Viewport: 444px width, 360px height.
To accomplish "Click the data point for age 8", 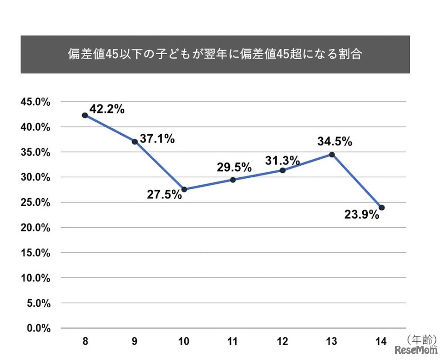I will [x=85, y=116].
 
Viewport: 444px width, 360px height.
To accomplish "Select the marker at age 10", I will [x=184, y=189].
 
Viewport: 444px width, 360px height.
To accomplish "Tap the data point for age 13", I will [x=332, y=154].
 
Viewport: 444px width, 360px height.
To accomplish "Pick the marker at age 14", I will [x=381, y=208].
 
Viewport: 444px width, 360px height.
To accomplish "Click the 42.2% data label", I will [x=107, y=109].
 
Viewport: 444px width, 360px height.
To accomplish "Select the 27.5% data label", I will [x=164, y=194].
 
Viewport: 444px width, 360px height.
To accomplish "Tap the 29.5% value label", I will [x=234, y=168].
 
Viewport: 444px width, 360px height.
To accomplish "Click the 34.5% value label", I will [x=335, y=142].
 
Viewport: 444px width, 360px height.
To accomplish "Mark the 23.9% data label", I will [x=362, y=215].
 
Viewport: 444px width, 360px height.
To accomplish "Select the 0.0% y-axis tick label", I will [x=38, y=328].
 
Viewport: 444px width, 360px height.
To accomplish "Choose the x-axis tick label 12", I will [x=282, y=342].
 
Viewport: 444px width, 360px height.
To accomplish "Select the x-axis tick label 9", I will [x=134, y=342].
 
